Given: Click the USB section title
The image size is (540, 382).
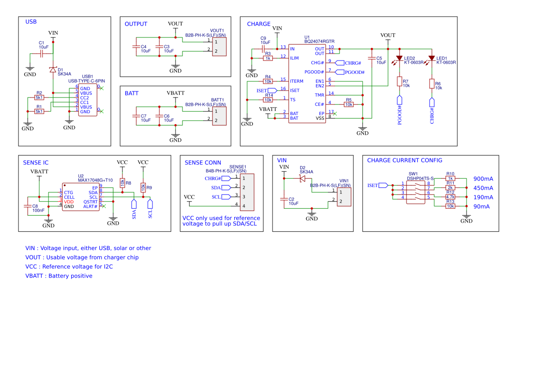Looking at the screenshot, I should pyautogui.click(x=31, y=22).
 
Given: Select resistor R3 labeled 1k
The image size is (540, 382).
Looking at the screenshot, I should pyautogui.click(x=268, y=58).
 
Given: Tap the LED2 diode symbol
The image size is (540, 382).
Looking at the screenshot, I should pyautogui.click(x=399, y=59).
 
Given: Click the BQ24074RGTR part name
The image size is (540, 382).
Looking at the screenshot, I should pyautogui.click(x=319, y=42).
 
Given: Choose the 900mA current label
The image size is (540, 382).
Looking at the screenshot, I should pyautogui.click(x=483, y=179).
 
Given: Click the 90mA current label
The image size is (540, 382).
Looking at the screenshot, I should pyautogui.click(x=481, y=206).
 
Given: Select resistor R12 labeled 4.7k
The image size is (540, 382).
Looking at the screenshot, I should pyautogui.click(x=450, y=197).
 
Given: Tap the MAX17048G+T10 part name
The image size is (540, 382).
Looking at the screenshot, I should pyautogui.click(x=95, y=180).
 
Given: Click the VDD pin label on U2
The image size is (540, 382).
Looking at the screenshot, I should pyautogui.click(x=69, y=202).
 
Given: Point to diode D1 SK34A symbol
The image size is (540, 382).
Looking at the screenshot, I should pyautogui.click(x=53, y=70).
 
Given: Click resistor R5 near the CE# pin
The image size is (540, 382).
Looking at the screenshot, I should pyautogui.click(x=348, y=104).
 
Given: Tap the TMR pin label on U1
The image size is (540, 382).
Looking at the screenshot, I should pyautogui.click(x=319, y=95).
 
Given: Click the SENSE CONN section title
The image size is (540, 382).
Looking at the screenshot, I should pyautogui.click(x=202, y=163).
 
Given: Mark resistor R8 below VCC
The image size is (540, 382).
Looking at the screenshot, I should pyautogui.click(x=122, y=183).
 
